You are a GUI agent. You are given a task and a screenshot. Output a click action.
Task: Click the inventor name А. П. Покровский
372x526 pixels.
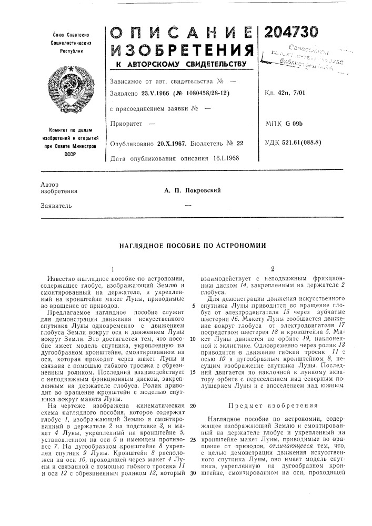[x=187, y=190]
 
